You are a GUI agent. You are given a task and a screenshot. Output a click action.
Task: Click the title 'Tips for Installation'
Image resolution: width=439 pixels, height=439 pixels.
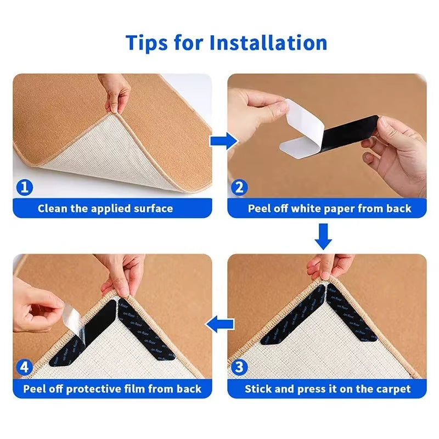226,42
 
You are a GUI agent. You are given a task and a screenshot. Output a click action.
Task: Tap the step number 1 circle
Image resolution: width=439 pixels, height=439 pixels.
24,188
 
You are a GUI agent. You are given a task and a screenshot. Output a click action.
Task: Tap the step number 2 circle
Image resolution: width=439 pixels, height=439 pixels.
239,188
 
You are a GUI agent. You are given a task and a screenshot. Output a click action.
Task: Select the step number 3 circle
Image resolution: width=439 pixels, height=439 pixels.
239,367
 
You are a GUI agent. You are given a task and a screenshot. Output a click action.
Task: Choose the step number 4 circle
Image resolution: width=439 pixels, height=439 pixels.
24,367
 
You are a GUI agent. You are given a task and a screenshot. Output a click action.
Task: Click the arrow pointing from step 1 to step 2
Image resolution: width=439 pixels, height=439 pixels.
221,141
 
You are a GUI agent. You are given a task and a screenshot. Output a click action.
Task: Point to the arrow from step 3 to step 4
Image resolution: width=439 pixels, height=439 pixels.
218,324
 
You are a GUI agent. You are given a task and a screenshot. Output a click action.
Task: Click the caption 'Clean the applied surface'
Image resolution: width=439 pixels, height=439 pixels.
105,209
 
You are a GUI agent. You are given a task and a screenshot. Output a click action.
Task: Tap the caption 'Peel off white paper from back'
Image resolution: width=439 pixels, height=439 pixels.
329,209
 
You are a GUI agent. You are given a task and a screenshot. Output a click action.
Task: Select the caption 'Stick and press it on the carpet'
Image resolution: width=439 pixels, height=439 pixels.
328,389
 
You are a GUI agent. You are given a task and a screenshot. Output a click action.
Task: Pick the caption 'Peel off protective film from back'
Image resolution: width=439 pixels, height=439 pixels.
112,389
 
